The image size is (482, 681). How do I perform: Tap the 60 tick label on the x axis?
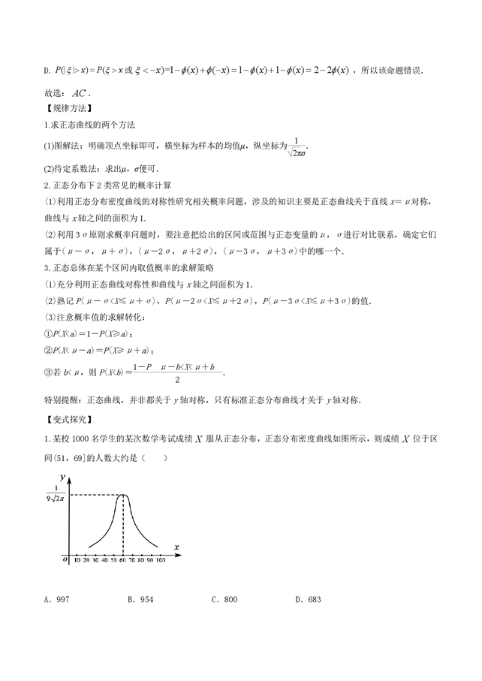click(122, 560)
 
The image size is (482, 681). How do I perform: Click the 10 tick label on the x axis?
click(78, 560)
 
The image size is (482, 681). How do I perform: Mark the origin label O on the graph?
click(65, 559)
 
